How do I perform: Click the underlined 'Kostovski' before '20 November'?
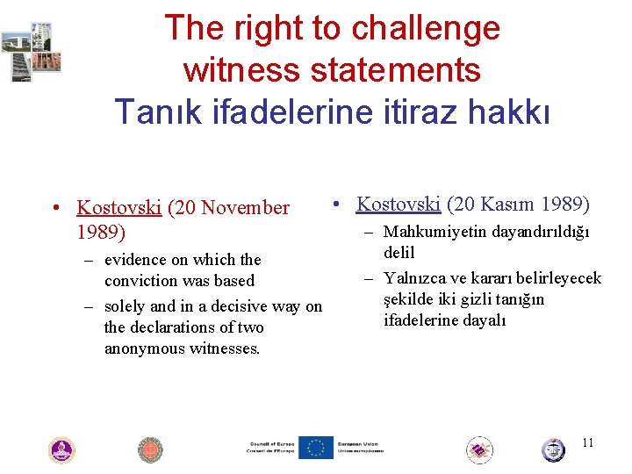118,208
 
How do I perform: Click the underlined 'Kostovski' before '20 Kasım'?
398,204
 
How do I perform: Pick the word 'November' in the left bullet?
247,208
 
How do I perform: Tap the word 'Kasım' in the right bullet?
516,204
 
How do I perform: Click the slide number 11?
587,442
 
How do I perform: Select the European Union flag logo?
315,448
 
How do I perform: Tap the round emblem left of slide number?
553,450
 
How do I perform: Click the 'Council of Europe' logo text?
269,448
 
